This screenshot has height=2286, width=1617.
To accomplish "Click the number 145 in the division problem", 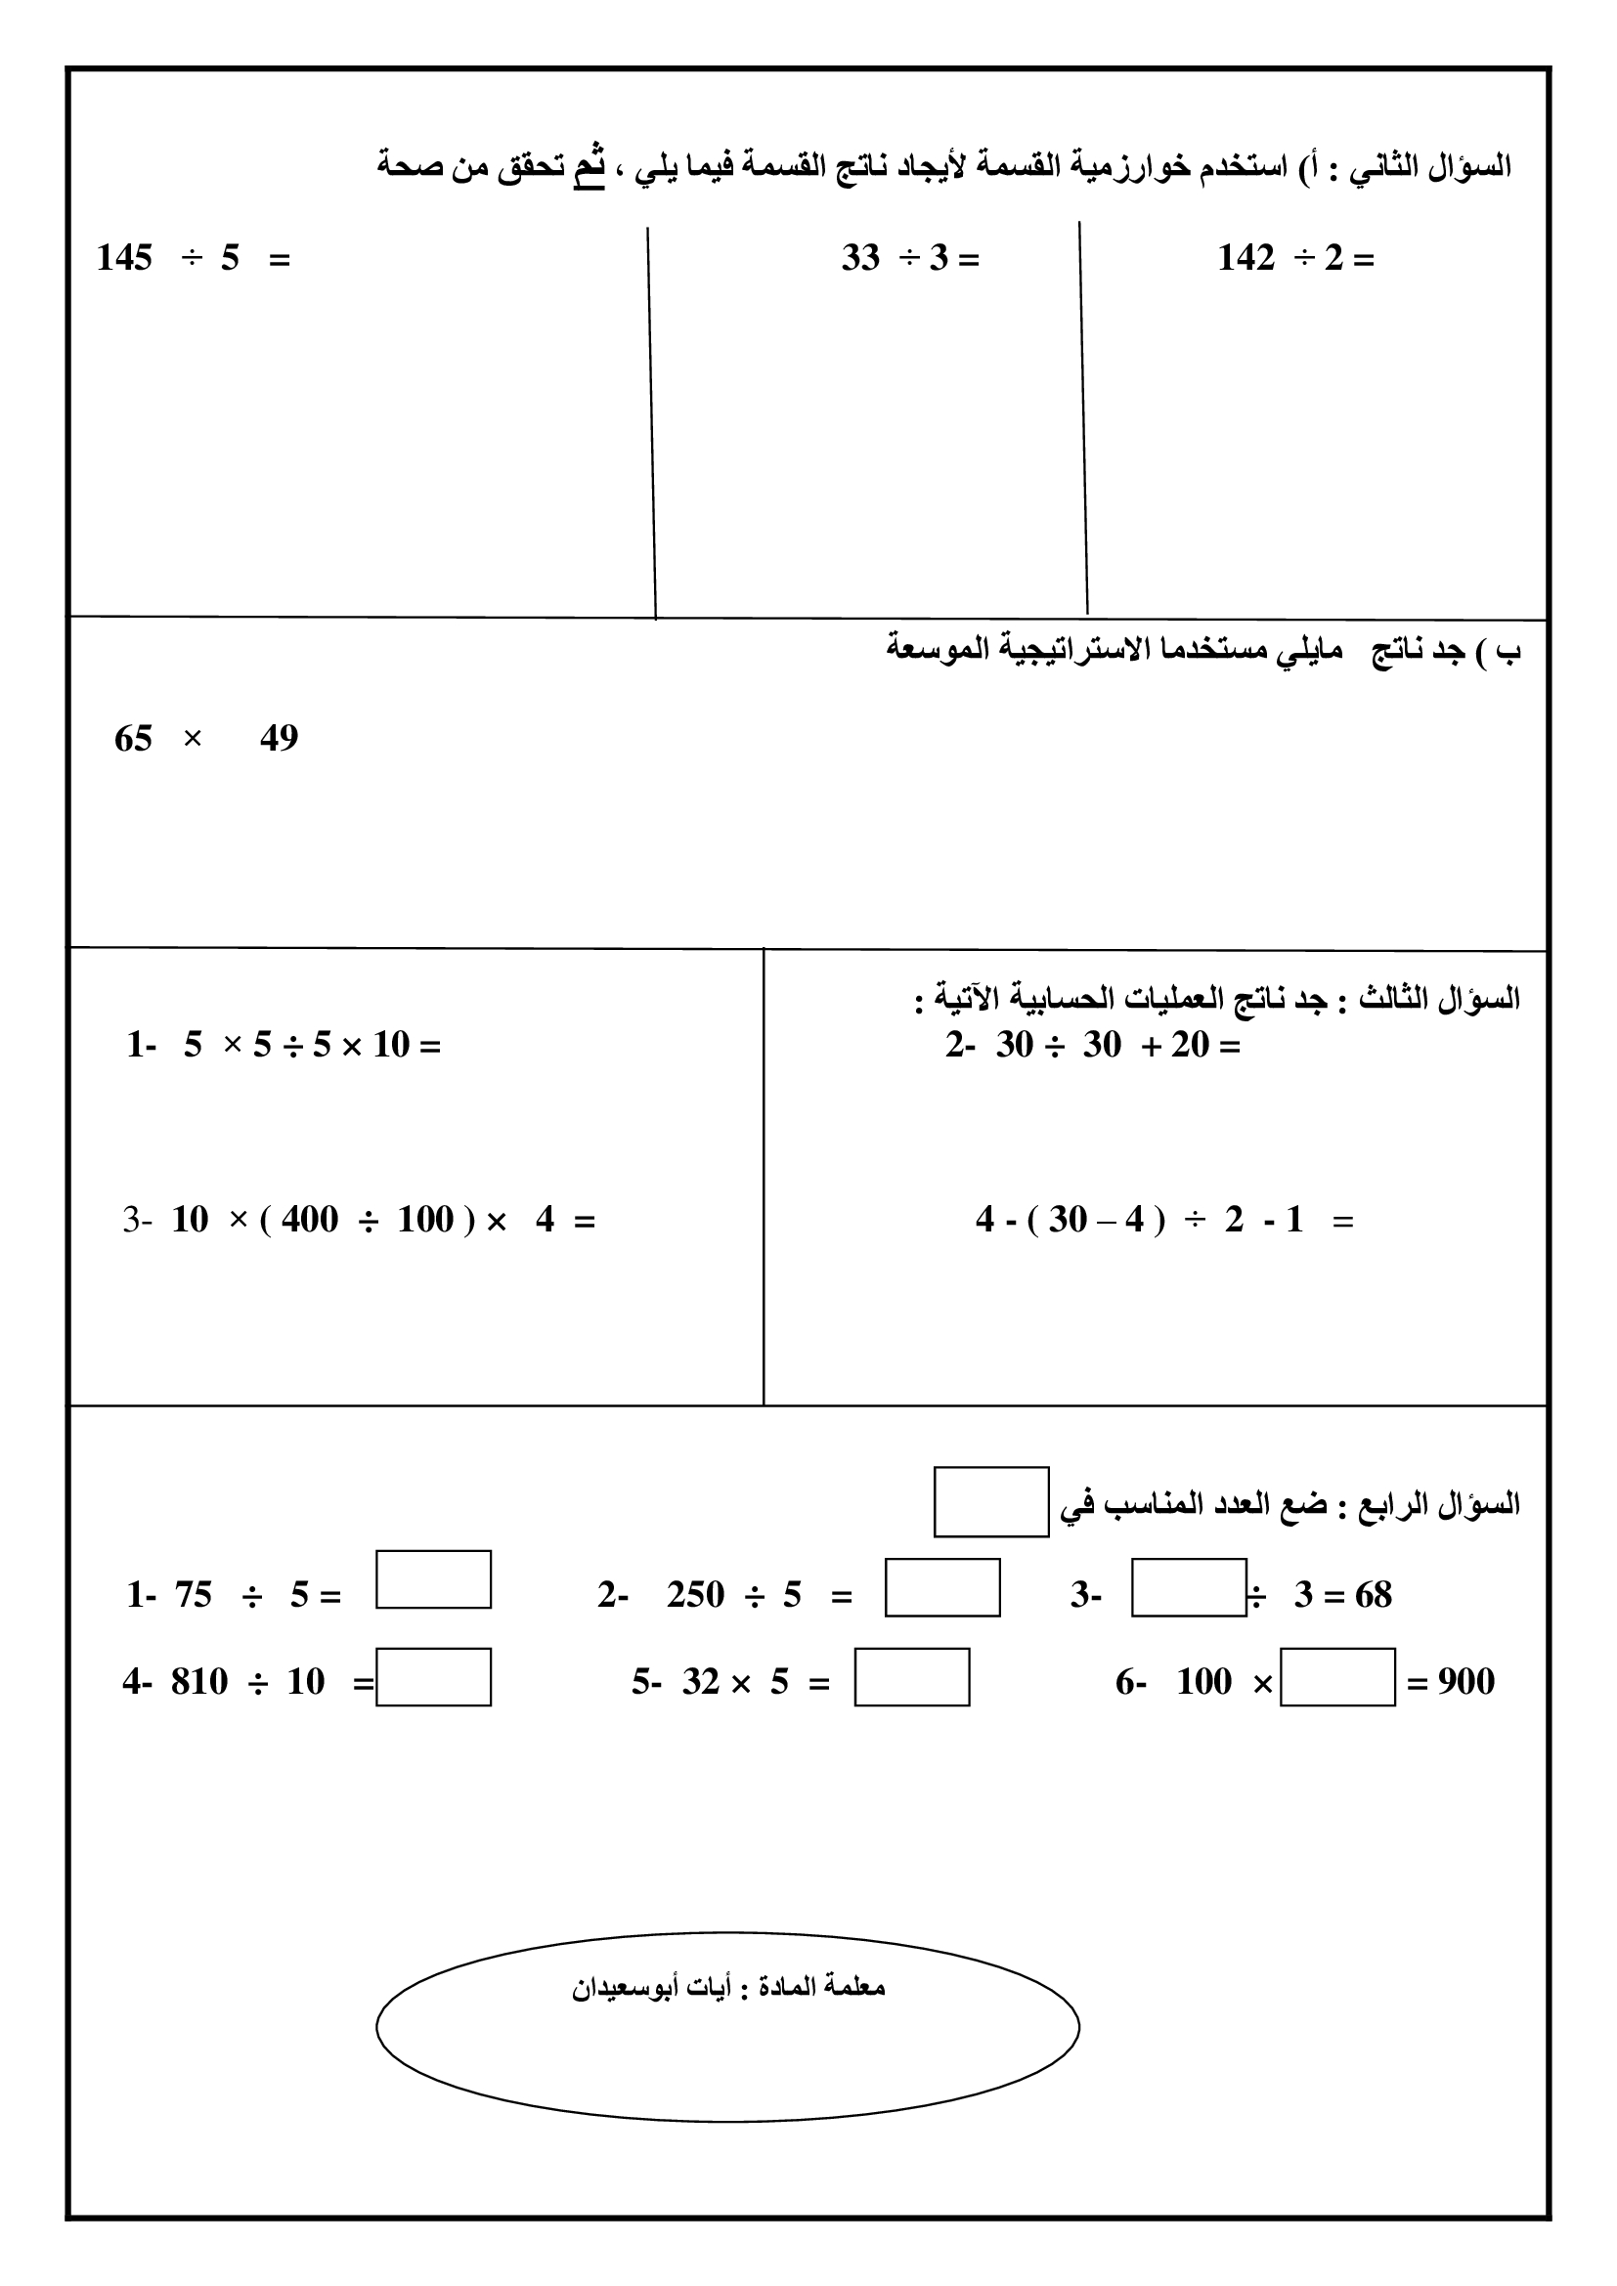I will coord(124,259).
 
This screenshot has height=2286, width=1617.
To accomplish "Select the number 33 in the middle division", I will coord(860,259).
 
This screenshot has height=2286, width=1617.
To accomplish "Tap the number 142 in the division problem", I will coord(1246,259).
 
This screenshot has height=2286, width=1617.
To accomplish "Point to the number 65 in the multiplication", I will coord(133,739).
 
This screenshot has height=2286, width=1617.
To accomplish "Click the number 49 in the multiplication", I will coord(279,739).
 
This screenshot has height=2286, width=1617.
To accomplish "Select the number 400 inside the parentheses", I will coord(310,1220).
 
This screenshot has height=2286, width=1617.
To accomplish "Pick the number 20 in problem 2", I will coord(1190,1046).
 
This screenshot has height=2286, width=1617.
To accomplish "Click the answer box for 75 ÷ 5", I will coord(433,1579).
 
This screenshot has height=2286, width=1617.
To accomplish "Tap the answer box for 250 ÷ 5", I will coord(941,1587).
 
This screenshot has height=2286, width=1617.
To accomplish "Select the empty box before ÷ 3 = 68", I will coord(1189,1587).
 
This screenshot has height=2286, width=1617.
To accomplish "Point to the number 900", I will coord(1465,1682).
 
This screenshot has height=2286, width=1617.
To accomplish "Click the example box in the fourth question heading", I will coord(990,1501).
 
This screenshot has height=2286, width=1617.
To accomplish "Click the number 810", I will coord(199,1682).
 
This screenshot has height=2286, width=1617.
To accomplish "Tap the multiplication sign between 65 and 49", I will coord(194,739).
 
